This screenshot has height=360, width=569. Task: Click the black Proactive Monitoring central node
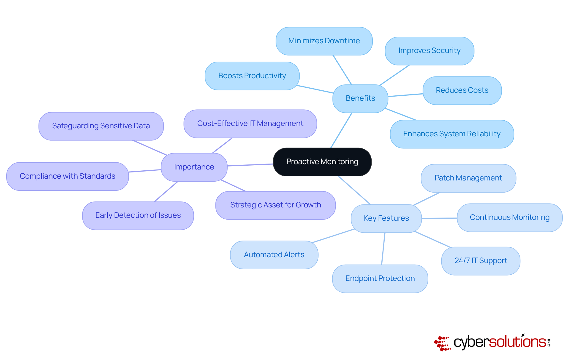click(322, 162)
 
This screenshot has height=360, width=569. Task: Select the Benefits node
click(360, 98)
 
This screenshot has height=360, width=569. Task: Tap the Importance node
click(194, 167)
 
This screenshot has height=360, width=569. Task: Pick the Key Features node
click(386, 218)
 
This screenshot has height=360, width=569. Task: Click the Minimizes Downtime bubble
click(324, 41)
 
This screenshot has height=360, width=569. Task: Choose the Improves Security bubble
click(429, 51)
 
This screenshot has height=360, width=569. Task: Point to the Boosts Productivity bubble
click(252, 76)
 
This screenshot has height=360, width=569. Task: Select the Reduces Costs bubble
click(462, 90)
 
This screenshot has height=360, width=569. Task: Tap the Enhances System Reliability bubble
click(452, 134)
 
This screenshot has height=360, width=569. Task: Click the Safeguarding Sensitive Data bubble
click(101, 126)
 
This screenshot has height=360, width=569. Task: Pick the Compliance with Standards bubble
click(67, 176)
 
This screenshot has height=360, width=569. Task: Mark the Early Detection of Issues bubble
click(138, 215)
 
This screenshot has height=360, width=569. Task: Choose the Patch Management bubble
click(468, 178)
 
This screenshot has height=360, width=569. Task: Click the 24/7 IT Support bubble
click(481, 261)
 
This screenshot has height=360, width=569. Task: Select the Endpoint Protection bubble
click(380, 279)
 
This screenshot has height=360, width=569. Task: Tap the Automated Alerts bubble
click(274, 255)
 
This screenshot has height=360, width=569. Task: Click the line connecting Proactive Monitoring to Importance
click(250, 165)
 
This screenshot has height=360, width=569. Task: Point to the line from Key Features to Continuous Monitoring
click(439, 218)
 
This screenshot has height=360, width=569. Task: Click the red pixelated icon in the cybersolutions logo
click(442, 343)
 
